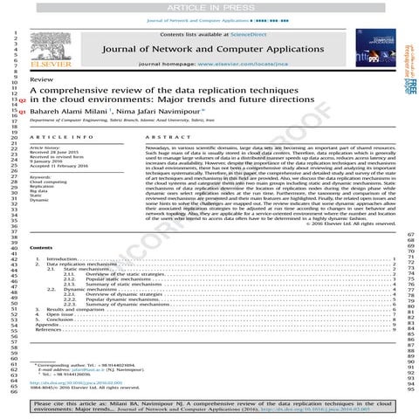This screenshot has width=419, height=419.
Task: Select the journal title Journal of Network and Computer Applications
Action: (213, 50)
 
